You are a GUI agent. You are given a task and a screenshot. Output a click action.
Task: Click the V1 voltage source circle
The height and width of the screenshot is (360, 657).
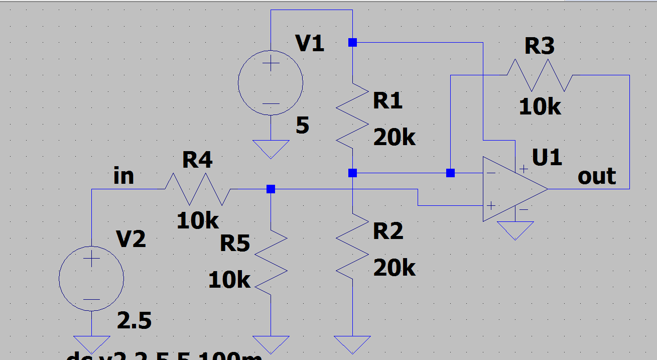[271, 83]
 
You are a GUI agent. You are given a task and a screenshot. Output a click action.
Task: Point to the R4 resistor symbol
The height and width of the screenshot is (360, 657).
[197, 189]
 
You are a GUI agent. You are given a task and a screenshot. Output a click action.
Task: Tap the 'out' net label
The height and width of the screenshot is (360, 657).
[597, 176]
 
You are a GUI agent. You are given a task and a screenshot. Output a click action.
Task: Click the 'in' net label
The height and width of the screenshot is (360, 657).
[124, 176]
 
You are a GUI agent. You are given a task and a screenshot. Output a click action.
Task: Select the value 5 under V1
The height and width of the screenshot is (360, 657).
[302, 126]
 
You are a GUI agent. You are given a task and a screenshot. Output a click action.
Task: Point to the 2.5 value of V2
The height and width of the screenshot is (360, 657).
[134, 320]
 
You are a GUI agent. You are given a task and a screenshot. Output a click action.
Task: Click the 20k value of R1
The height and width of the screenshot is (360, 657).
[395, 137]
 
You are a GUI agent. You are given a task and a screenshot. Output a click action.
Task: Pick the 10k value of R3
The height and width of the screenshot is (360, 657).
[540, 107]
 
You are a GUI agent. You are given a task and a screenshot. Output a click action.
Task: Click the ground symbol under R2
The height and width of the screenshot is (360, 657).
[352, 344]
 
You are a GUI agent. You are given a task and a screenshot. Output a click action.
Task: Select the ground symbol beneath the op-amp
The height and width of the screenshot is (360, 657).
[515, 230]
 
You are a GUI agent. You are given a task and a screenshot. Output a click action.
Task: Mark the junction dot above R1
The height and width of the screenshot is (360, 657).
[352, 43]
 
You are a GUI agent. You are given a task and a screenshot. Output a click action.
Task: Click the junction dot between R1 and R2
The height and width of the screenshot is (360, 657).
[352, 173]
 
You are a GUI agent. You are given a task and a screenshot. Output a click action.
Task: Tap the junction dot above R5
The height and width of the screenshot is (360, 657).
[271, 189]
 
